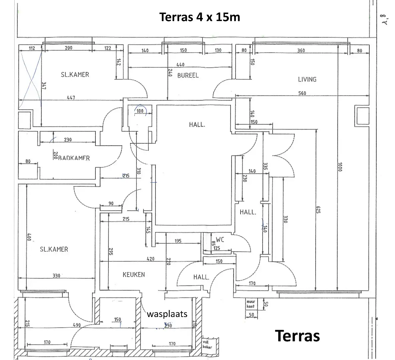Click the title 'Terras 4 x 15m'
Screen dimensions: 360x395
pyautogui.click(x=200, y=17)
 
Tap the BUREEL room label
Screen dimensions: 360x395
pyautogui.click(x=188, y=75)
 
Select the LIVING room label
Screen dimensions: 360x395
pyautogui.click(x=307, y=79)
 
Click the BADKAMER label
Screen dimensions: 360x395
pyautogui.click(x=74, y=158)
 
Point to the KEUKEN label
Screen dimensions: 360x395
pyautogui.click(x=134, y=274)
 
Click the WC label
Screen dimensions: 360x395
pyautogui.click(x=220, y=239)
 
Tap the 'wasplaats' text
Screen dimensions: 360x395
pyautogui.click(x=167, y=314)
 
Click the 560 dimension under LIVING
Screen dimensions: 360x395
pyautogui.click(x=302, y=93)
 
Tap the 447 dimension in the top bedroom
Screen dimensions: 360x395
pyautogui.click(x=71, y=98)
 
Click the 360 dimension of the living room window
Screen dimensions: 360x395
pyautogui.click(x=301, y=50)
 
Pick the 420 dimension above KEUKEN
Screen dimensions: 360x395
pyautogui.click(x=150, y=259)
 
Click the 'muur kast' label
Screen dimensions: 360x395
pyautogui.click(x=250, y=304)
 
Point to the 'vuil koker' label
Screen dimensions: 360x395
pyautogui.click(x=207, y=344)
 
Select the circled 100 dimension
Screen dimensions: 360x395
pyautogui.click(x=140, y=111)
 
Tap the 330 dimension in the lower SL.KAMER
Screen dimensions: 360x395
pyautogui.click(x=56, y=276)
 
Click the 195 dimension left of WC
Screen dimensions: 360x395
pyautogui.click(x=178, y=241)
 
